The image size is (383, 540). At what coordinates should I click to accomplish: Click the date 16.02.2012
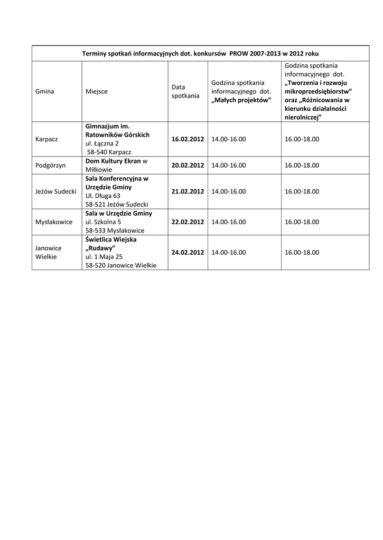[188, 139]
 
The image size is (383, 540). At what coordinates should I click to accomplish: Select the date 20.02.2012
[188, 165]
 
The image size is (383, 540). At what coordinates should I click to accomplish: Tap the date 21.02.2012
[188, 191]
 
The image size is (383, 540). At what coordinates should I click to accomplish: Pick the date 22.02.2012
[188, 222]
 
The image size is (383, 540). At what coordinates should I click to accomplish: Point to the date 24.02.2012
[188, 253]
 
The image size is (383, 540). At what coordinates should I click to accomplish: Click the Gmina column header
[45, 91]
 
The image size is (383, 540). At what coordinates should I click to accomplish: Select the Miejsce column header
[96, 91]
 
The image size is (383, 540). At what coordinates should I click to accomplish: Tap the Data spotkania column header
[185, 91]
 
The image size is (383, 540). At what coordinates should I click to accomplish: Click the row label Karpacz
[46, 139]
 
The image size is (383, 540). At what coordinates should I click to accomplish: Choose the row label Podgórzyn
[50, 165]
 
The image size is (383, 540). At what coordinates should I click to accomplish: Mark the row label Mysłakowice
[54, 222]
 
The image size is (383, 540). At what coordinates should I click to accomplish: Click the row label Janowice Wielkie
[49, 253]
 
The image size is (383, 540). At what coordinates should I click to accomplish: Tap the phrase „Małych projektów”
[241, 100]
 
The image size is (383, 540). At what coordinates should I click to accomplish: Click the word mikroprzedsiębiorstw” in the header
[319, 91]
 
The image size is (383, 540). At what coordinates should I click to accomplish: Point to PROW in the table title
[240, 54]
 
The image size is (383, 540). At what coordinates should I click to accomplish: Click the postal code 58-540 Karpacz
[109, 152]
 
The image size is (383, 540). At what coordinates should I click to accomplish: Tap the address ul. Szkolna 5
[103, 222]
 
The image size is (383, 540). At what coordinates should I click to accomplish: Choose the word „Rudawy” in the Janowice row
[100, 248]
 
